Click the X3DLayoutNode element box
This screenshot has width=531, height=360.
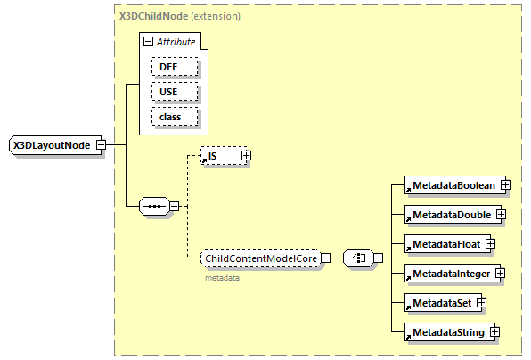click(x=53, y=144)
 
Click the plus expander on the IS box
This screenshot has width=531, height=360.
click(x=246, y=156)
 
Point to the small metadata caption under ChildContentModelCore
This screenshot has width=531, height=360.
click(x=222, y=277)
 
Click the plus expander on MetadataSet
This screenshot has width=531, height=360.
click(x=481, y=303)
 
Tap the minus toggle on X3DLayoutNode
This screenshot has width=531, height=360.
click(x=101, y=144)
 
